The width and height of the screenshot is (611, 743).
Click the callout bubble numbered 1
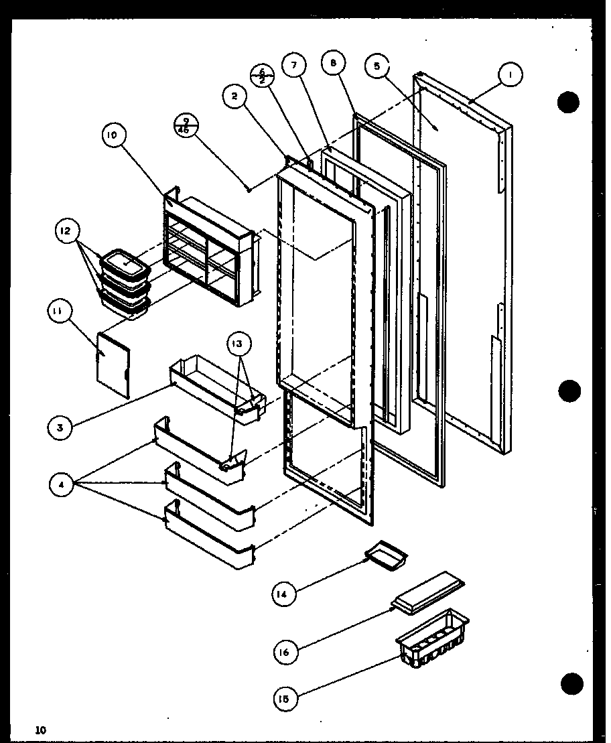[x=510, y=76]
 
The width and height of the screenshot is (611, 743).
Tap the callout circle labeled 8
[x=333, y=64]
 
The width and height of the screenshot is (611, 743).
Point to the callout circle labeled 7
[x=293, y=65]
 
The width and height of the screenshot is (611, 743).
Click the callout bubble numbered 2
[x=234, y=96]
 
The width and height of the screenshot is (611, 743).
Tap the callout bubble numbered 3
[x=60, y=427]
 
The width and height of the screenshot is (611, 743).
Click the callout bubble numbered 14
[x=284, y=594]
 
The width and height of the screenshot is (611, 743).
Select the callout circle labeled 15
[x=284, y=699]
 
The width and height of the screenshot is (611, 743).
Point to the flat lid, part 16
[x=429, y=592]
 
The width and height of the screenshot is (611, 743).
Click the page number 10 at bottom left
[x=42, y=729]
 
